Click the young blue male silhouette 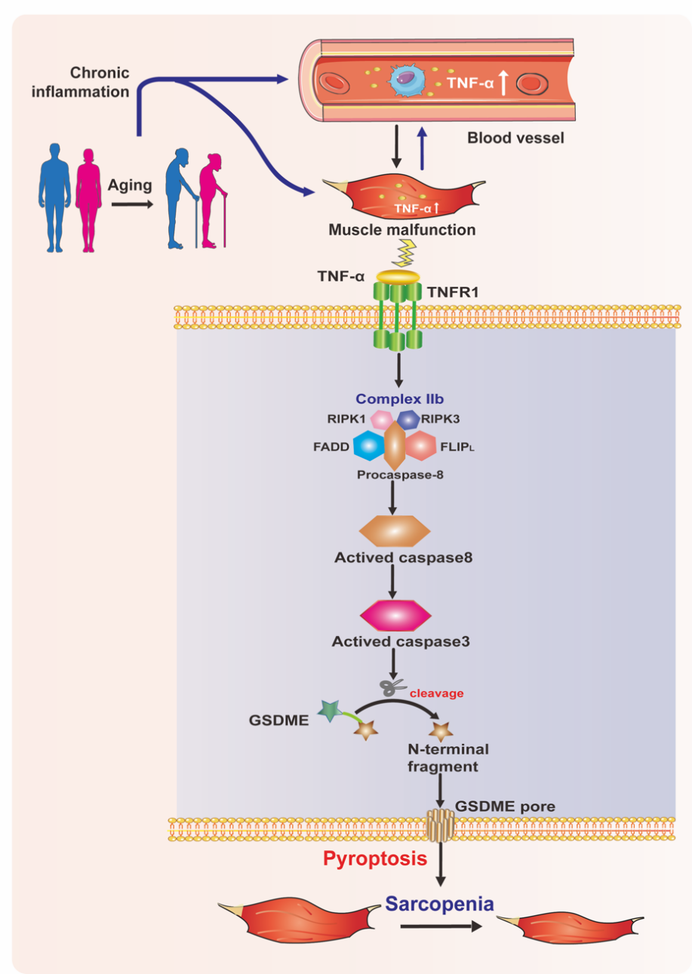tap(55, 189)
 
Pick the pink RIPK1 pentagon tap(381, 419)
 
